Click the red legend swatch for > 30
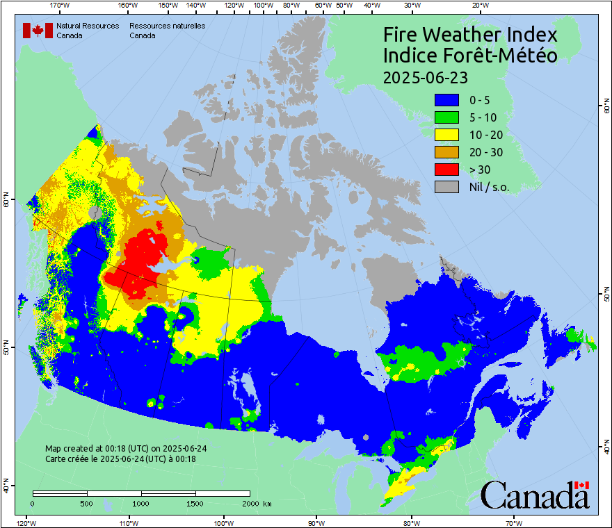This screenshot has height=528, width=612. pos(446,169)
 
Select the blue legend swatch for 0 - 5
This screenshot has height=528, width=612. pos(446,99)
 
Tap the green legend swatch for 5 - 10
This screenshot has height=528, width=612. pos(446,117)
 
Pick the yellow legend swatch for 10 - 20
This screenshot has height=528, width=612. pos(446,134)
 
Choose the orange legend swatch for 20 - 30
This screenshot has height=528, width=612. pos(446,151)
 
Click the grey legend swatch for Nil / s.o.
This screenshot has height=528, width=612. pos(446,186)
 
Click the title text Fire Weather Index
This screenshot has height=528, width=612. pos(470,35)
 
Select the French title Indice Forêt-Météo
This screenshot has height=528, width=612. pos(470,56)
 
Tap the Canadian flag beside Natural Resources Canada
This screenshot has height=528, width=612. pos(38,31)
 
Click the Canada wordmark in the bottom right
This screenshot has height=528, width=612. pos(535,495)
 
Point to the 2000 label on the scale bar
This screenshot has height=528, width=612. pos(249,503)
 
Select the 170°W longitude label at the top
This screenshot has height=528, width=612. pos(61,6)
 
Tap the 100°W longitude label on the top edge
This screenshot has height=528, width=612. pos(263,6)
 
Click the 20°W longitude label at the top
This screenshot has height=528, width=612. pos(478,6)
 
